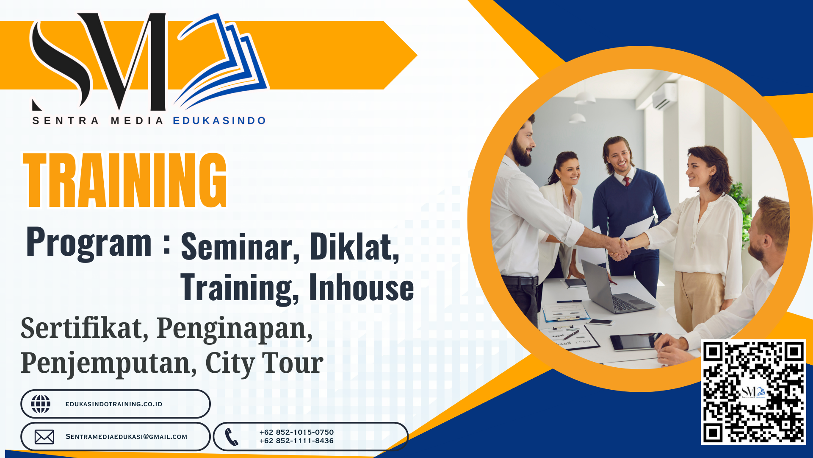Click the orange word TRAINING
pyautogui.click(x=125, y=180)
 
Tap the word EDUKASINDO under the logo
pyautogui.click(x=219, y=121)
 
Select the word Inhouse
pyautogui.click(x=361, y=287)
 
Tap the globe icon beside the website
pyautogui.click(x=41, y=404)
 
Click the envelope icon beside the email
pyautogui.click(x=44, y=437)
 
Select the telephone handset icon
pyautogui.click(x=232, y=437)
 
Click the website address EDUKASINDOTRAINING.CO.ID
pyautogui.click(x=114, y=404)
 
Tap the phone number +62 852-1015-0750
pyautogui.click(x=296, y=432)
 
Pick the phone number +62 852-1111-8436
pyautogui.click(x=296, y=441)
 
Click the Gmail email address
pyautogui.click(x=126, y=437)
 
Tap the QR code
pyautogui.click(x=753, y=392)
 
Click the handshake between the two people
pyautogui.click(x=619, y=249)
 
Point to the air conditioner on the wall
pyautogui.click(x=664, y=96)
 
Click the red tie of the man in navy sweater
pyautogui.click(x=627, y=182)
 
